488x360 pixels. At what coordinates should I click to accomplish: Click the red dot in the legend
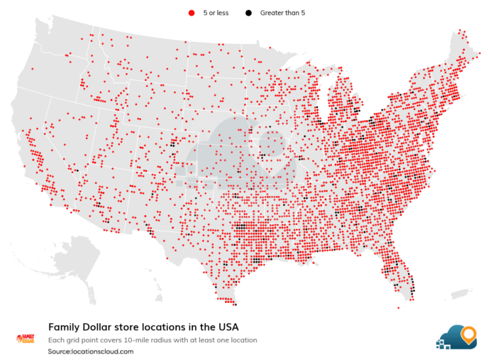click(x=190, y=13)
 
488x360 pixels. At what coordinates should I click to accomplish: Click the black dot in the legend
click(x=248, y=13)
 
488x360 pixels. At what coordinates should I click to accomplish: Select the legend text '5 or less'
click(x=215, y=13)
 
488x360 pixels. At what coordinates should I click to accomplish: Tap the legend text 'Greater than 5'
click(x=282, y=13)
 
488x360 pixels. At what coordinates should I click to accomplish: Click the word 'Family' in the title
click(x=64, y=328)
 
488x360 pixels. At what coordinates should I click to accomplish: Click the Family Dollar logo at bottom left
click(x=25, y=338)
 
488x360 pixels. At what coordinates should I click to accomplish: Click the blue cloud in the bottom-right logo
click(x=454, y=337)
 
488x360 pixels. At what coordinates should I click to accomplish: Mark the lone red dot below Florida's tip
click(x=398, y=308)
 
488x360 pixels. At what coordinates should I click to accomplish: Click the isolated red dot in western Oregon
click(x=31, y=69)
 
